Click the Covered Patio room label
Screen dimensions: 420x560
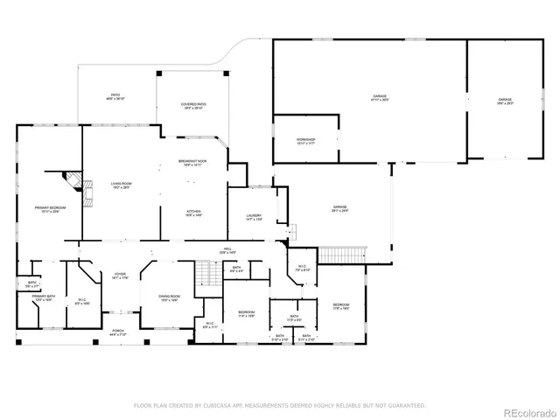point(194,107)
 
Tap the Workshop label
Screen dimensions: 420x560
point(304,141)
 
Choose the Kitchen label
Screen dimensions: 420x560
point(193,213)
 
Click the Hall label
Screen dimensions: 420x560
point(227,250)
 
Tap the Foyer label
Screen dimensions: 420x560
point(120,276)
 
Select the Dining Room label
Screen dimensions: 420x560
point(169,297)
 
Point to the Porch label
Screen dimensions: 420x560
point(117,333)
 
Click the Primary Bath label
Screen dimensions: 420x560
point(44,298)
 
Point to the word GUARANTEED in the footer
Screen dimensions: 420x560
point(406,405)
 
